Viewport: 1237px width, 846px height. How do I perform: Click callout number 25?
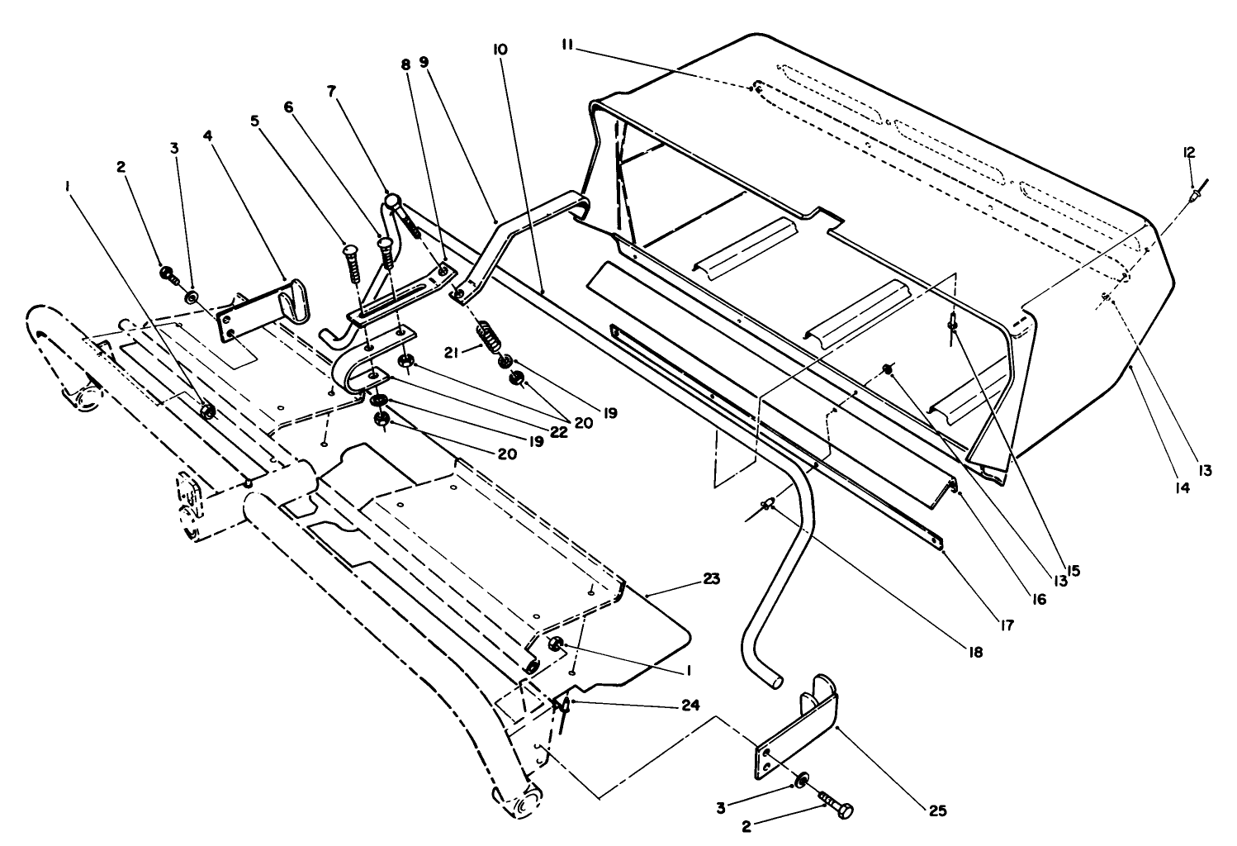click(936, 810)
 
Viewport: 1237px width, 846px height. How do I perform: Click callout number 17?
click(1006, 627)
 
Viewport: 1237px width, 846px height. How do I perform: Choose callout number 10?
click(500, 50)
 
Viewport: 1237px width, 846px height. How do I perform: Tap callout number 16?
click(1037, 600)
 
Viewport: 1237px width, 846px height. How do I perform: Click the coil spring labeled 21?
click(488, 338)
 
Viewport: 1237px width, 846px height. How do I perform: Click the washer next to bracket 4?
click(192, 296)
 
